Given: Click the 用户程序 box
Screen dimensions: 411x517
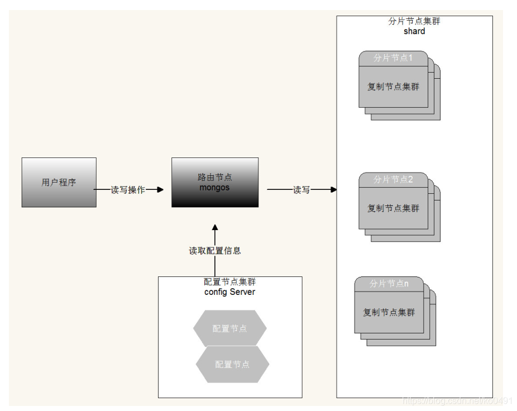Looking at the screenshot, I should point(59,183).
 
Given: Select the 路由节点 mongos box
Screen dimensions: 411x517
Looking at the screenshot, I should point(214,183).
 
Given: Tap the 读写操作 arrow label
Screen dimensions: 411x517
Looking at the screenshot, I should point(128,190).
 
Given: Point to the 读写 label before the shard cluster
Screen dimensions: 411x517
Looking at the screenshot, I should point(301,190).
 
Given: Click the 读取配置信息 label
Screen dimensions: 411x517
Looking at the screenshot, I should point(215,251).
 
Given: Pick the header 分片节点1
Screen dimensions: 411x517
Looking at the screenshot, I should point(393,58).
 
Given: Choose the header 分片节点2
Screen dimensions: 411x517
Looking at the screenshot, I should point(393,180).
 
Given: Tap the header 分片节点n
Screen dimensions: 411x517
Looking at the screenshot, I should point(389,284).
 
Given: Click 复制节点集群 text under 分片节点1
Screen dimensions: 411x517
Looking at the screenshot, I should point(393,87).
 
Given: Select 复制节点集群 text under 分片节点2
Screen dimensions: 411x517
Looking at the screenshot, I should point(393,208).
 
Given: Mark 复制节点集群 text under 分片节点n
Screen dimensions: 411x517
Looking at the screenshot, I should point(389,312).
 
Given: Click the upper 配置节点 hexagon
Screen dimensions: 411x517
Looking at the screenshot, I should point(229,328).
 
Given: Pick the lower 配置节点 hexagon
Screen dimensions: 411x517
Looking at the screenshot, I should point(232,364).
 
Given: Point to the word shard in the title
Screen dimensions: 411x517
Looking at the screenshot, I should point(414,31).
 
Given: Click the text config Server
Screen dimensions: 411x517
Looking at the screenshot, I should point(229,291).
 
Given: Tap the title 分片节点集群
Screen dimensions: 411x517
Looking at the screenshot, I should point(414,21).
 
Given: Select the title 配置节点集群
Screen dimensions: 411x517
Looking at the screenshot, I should point(229,282).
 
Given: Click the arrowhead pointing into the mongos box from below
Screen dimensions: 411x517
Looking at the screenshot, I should point(215,228).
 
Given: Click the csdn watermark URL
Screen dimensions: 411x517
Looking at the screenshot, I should point(457,401).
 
